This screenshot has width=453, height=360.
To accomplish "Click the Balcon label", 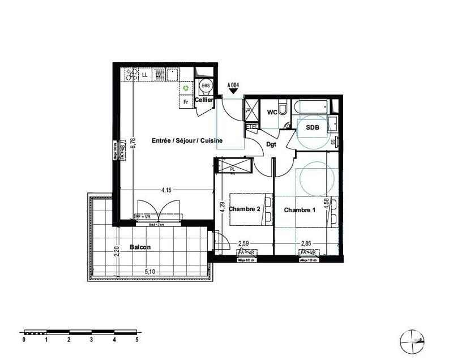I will point(140,247).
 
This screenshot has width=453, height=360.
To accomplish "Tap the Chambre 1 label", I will point(300,210).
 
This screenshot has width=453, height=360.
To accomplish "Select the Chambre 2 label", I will point(244,209).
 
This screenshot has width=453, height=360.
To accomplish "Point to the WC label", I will point(272,112).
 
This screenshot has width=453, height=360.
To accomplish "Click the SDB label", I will point(313,128).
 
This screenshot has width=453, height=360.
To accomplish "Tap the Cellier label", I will point(204,100).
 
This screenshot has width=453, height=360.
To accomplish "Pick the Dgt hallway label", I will point(272,144).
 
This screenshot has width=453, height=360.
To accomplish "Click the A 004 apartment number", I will point(233,85).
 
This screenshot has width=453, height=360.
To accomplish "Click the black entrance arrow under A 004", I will point(233,91).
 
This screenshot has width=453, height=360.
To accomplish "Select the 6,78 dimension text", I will point(133,142).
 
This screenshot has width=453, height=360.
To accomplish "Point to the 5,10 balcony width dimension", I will point(150,272).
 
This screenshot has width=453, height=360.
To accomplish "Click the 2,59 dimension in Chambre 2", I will point(243,244).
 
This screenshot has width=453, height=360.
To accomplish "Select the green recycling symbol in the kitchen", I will point(185,88).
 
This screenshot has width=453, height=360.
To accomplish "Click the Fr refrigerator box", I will point(185,102).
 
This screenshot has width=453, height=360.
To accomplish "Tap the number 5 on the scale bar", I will point(136,340).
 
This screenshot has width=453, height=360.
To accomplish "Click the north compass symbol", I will point(411,340).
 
